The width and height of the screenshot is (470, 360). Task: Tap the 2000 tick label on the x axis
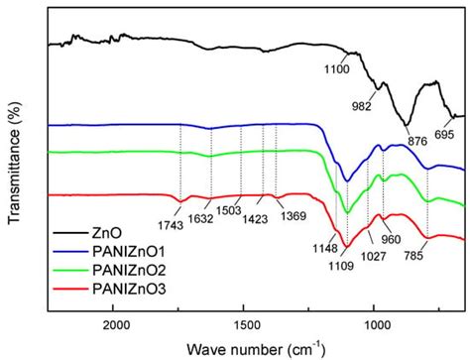[116, 324]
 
